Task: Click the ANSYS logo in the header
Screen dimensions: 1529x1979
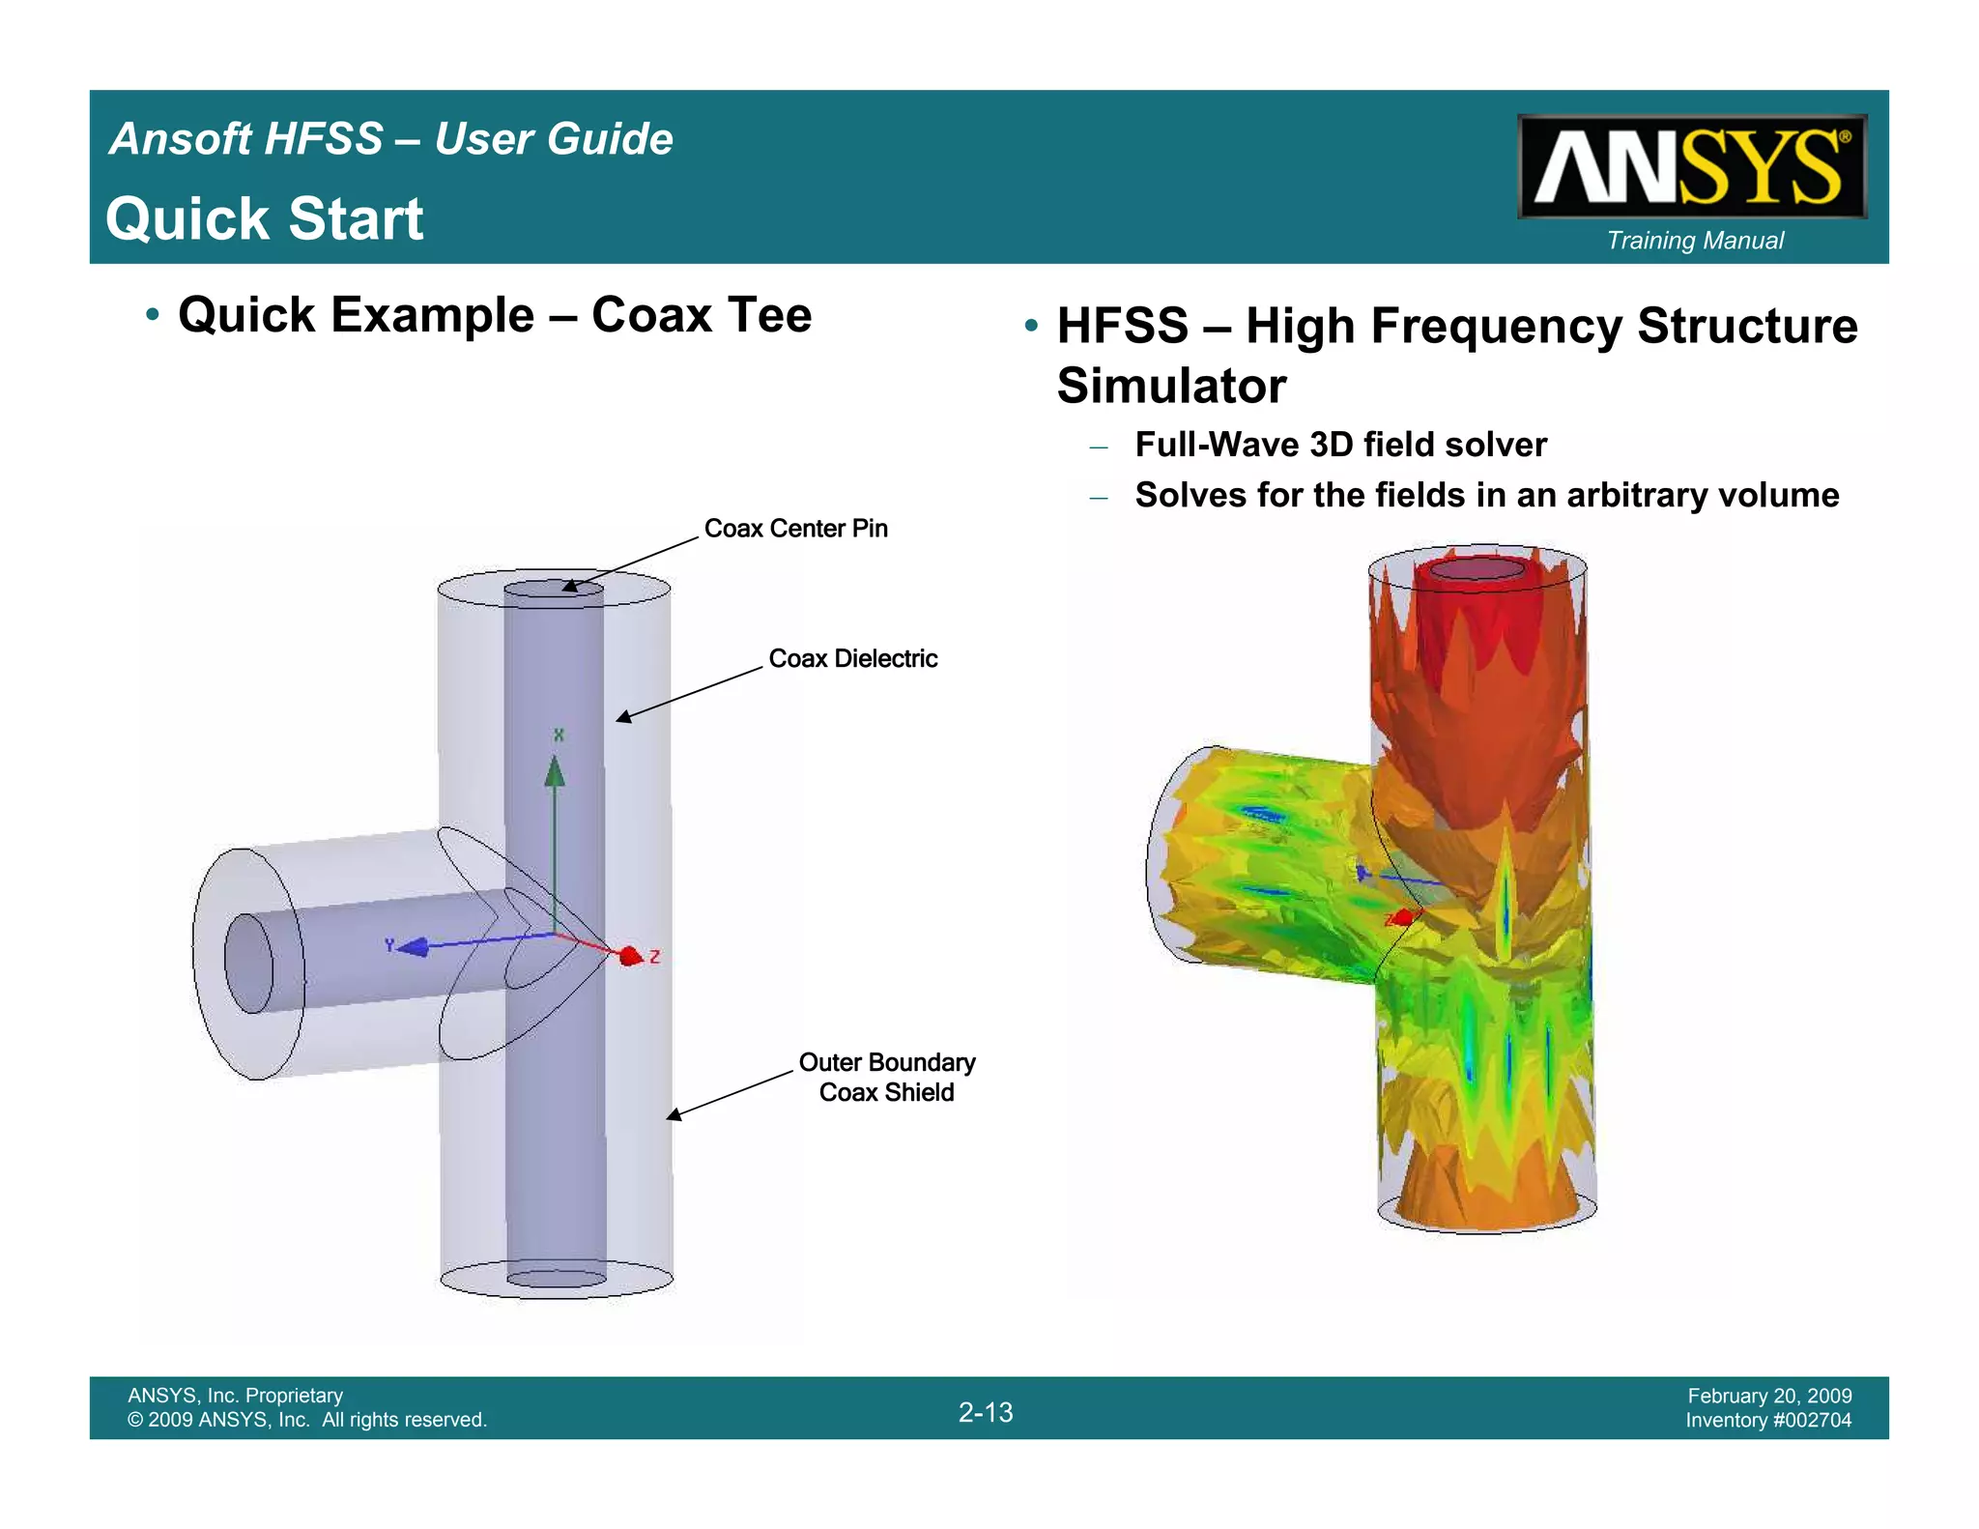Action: [1691, 166]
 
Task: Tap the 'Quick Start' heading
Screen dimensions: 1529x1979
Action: [265, 218]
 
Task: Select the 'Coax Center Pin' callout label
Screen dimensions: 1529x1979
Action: [795, 529]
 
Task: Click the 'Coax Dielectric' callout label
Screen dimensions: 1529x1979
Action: [852, 659]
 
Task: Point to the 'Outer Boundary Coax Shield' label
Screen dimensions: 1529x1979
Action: [886, 1078]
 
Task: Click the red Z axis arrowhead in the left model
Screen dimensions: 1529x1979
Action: [631, 956]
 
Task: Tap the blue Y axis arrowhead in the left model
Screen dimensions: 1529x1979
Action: [414, 947]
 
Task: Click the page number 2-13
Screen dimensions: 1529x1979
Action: [986, 1412]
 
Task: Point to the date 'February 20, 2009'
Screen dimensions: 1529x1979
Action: [1769, 1396]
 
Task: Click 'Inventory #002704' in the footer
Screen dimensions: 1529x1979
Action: [1768, 1421]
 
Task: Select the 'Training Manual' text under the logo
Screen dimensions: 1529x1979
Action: [1695, 241]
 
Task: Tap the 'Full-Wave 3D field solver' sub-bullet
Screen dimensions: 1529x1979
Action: [1340, 445]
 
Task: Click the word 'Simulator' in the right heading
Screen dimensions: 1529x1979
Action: [1171, 387]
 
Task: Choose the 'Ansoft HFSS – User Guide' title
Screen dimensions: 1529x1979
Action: [391, 139]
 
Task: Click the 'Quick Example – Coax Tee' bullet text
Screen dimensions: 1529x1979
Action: [495, 315]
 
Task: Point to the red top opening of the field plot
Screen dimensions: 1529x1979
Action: [1477, 568]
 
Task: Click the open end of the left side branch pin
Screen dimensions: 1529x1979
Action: [249, 964]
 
